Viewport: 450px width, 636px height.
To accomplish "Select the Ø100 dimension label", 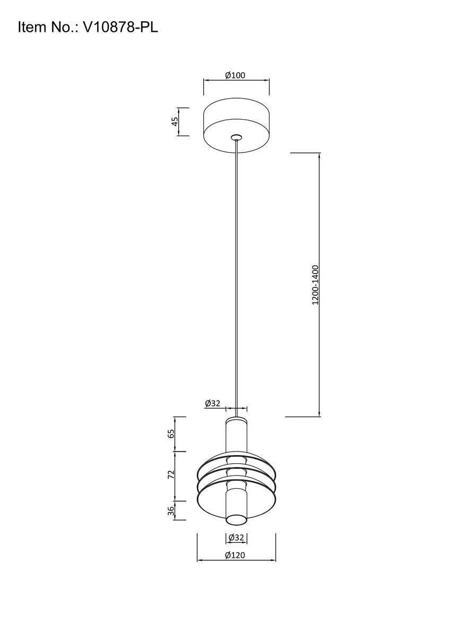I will pyautogui.click(x=235, y=75).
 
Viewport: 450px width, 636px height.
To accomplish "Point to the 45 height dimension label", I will pyautogui.click(x=174, y=122).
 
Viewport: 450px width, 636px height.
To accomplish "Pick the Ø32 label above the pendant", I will pyautogui.click(x=212, y=403).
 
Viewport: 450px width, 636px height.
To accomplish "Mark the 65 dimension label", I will pyautogui.click(x=171, y=434).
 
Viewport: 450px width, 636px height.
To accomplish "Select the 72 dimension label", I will pyautogui.click(x=171, y=475).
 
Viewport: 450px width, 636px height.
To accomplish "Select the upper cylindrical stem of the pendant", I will pyautogui.click(x=237, y=435).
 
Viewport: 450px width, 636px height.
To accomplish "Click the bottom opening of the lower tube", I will pyautogui.click(x=236, y=519).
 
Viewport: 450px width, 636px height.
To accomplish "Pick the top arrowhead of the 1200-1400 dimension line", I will pyautogui.click(x=319, y=155).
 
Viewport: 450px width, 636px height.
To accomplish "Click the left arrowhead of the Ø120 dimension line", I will pyautogui.click(x=199, y=561).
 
